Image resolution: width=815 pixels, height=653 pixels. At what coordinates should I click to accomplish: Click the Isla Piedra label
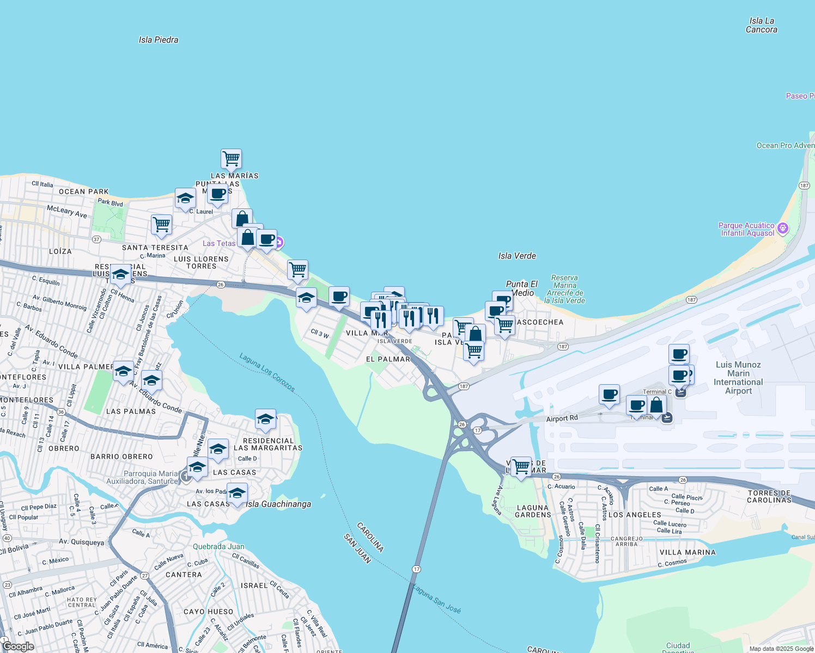pyautogui.click(x=158, y=40)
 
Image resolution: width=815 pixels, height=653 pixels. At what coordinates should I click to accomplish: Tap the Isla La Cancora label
pyautogui.click(x=761, y=25)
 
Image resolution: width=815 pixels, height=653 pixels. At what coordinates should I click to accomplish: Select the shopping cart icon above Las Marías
pyautogui.click(x=231, y=159)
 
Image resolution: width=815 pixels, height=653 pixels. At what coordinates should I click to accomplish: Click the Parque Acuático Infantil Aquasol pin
pyautogui.click(x=783, y=229)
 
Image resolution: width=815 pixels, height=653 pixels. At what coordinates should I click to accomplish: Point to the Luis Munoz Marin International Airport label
pyautogui.click(x=738, y=378)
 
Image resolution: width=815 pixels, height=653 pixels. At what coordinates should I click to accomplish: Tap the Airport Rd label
pyautogui.click(x=562, y=418)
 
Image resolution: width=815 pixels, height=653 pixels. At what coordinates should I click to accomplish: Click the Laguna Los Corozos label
pyautogui.click(x=267, y=372)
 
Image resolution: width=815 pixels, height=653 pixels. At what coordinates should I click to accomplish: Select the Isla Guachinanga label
pyautogui.click(x=278, y=504)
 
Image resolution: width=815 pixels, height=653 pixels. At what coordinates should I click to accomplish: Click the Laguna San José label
pyautogui.click(x=436, y=599)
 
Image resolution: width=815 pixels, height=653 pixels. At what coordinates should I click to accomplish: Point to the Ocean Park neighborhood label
pyautogui.click(x=83, y=192)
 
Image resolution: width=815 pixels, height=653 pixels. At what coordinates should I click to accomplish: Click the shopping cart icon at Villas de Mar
pyautogui.click(x=521, y=466)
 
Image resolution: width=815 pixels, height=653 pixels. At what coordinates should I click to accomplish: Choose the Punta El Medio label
pyautogui.click(x=521, y=288)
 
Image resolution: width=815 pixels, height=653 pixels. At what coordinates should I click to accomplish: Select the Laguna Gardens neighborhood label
pyautogui.click(x=533, y=511)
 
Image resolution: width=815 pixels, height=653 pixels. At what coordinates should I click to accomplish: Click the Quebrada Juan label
pyautogui.click(x=218, y=546)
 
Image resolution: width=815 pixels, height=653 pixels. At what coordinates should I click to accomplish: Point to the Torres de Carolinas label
pyautogui.click(x=769, y=496)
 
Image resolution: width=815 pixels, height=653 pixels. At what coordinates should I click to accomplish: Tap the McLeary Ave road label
pyautogui.click(x=66, y=211)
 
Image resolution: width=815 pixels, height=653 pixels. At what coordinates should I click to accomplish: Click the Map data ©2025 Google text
pyautogui.click(x=781, y=649)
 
